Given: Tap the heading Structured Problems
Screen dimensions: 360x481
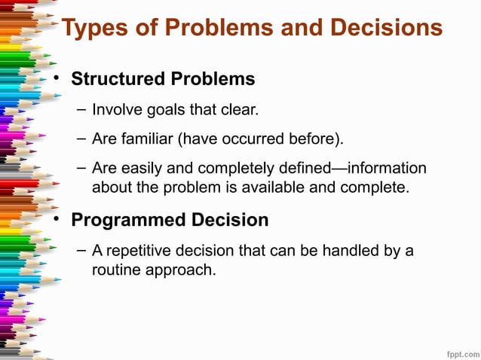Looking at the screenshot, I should (x=163, y=78).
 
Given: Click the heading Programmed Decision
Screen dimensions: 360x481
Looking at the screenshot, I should (x=170, y=220).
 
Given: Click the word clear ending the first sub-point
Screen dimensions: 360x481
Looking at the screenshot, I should (x=239, y=110).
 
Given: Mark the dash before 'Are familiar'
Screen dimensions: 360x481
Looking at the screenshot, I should (x=81, y=139).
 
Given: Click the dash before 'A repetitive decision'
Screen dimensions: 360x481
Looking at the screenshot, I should (x=81, y=250).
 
